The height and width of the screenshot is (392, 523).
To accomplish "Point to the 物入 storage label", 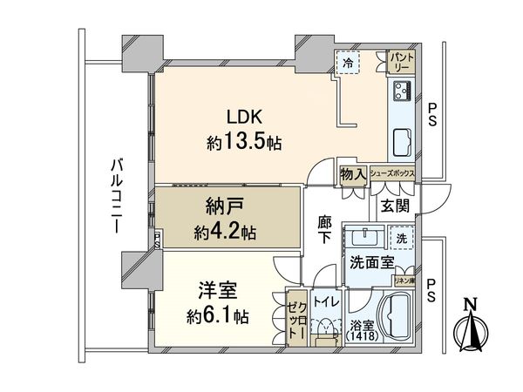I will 352,174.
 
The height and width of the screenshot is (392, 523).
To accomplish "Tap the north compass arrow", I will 471,327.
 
